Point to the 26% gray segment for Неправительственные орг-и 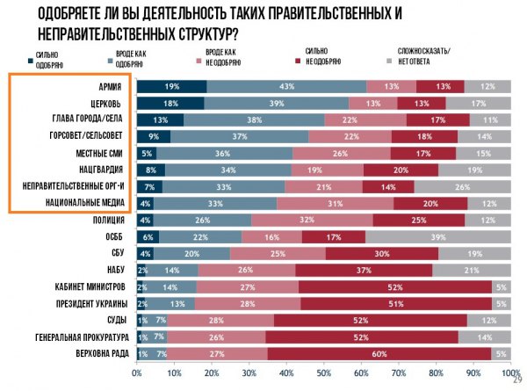461,186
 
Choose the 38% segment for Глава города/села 230,119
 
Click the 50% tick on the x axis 323,373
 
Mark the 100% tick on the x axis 508,373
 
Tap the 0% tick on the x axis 136,373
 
